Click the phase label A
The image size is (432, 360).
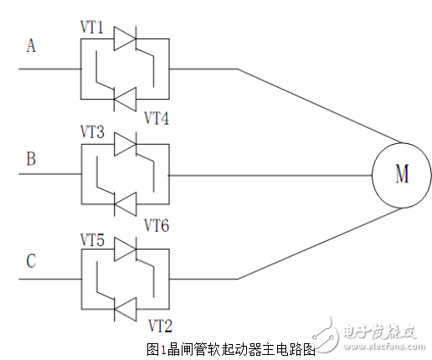(x=31, y=47)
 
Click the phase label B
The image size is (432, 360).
(x=31, y=157)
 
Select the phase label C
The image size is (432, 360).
(x=31, y=261)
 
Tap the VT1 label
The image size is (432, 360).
(x=92, y=28)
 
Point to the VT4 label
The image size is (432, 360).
(x=156, y=117)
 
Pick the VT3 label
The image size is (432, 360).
(x=92, y=131)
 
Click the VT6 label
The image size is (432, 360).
(x=156, y=224)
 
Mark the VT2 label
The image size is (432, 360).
(x=160, y=324)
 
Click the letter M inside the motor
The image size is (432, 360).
(x=401, y=174)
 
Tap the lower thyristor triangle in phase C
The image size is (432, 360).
(x=125, y=310)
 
